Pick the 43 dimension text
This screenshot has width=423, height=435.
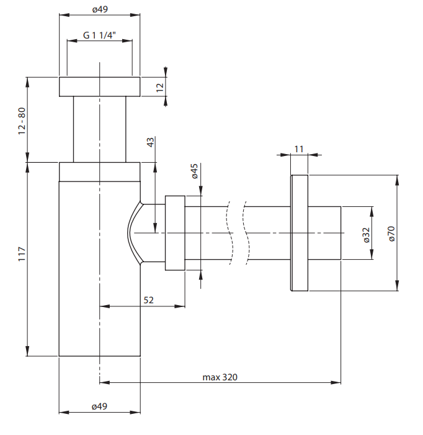[x=150, y=142]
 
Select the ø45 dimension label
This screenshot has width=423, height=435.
[x=194, y=171]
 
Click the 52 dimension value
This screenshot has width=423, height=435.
[x=149, y=300]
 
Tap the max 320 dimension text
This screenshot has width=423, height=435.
[x=220, y=377]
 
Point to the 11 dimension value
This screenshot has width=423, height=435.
[x=299, y=149]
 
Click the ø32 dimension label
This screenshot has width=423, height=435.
[x=366, y=234]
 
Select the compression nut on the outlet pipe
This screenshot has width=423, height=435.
[x=175, y=233]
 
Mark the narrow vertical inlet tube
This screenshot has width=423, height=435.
[x=100, y=129]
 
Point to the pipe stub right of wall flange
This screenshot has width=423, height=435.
[x=325, y=233]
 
